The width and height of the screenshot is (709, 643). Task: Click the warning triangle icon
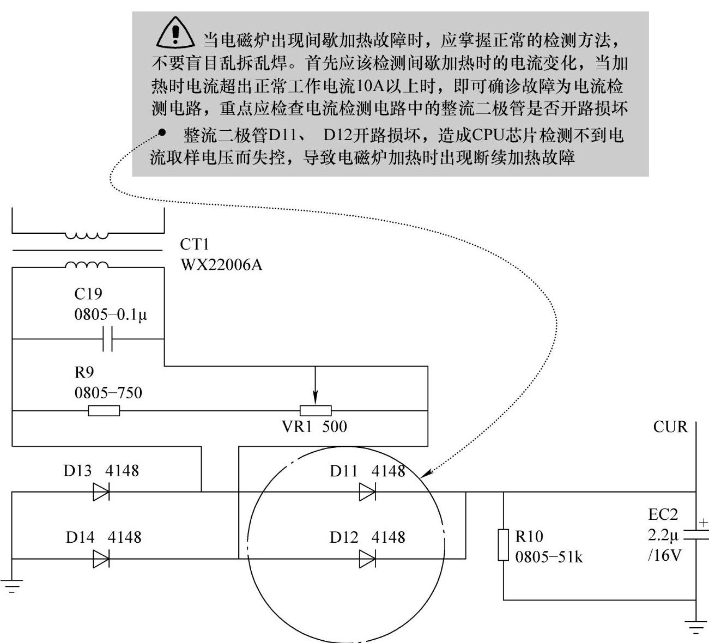pyautogui.click(x=175, y=33)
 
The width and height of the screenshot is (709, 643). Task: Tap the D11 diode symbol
pyautogui.click(x=367, y=492)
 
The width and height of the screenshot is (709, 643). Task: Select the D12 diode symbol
pyautogui.click(x=367, y=559)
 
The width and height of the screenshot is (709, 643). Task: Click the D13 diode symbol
pyautogui.click(x=101, y=492)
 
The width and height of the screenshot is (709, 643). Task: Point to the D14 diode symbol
pyautogui.click(x=101, y=559)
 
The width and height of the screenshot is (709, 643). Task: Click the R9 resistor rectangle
pyautogui.click(x=104, y=411)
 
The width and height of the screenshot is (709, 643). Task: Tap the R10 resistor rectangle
pyautogui.click(x=504, y=545)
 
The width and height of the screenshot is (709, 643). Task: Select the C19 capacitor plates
pyautogui.click(x=108, y=339)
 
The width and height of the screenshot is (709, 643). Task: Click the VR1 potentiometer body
pyautogui.click(x=316, y=411)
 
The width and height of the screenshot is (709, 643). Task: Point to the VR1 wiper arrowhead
pyautogui.click(x=316, y=398)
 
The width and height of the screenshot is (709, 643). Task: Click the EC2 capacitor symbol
pyautogui.click(x=696, y=535)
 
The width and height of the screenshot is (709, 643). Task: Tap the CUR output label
pyautogui.click(x=670, y=427)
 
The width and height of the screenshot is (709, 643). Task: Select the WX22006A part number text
pyautogui.click(x=222, y=265)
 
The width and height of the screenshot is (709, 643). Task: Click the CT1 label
pyautogui.click(x=195, y=244)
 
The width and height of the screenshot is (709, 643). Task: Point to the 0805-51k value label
pyautogui.click(x=549, y=557)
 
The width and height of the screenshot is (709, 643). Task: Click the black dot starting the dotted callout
pyautogui.click(x=162, y=132)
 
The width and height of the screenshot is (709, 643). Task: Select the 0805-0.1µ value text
pyautogui.click(x=111, y=314)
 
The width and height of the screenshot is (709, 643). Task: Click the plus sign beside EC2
pyautogui.click(x=704, y=523)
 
